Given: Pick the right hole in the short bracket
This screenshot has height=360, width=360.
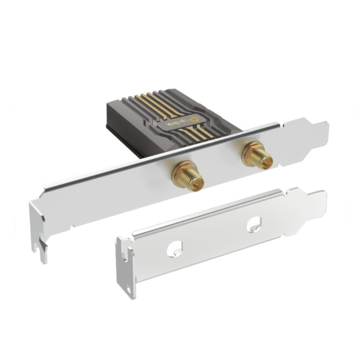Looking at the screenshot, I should coord(254,223).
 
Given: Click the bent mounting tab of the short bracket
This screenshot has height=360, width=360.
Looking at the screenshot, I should coord(125,265).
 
